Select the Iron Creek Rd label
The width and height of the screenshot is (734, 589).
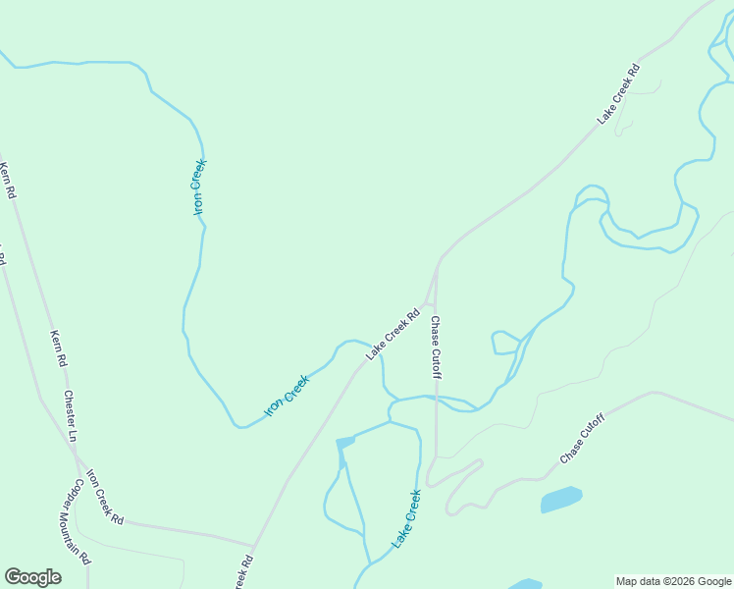(105, 497)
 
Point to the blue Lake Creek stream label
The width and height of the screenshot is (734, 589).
(405, 518)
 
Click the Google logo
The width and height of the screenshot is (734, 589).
(32, 577)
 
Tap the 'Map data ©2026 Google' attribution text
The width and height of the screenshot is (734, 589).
(673, 581)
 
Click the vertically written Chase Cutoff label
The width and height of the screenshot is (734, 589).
(436, 348)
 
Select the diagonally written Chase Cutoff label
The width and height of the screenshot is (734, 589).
(583, 439)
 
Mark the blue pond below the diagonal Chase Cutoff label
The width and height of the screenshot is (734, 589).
(560, 499)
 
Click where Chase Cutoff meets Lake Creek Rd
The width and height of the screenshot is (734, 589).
(437, 265)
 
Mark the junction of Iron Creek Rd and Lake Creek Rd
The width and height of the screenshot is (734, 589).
(253, 545)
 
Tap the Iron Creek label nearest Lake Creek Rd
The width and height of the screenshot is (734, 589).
(288, 394)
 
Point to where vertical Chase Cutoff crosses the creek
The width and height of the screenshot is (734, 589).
(437, 398)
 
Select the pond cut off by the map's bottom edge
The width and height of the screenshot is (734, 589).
(525, 584)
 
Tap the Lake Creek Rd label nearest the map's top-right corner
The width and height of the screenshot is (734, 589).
(618, 94)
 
